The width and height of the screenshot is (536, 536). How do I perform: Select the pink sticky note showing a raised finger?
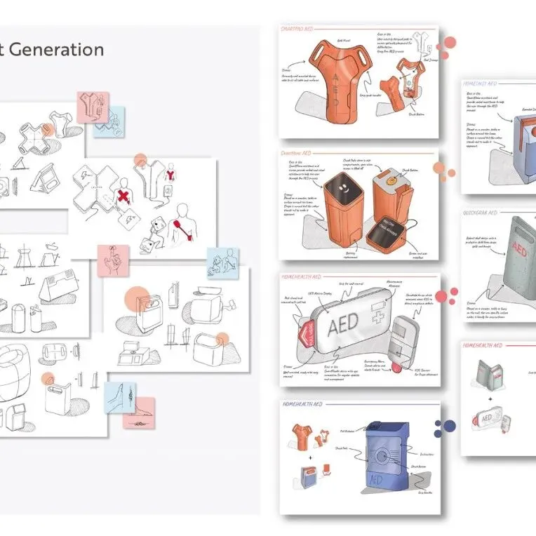point(113,260)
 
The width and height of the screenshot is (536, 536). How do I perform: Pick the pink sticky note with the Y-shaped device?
point(92,107)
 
